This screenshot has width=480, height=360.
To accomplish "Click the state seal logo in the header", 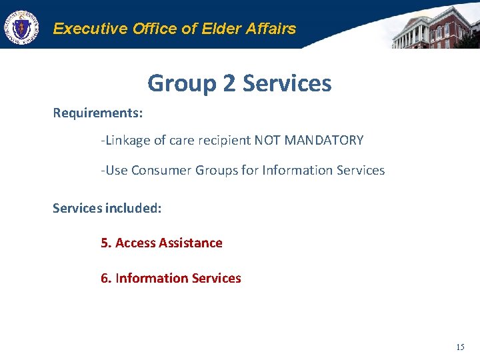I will coord(21,28).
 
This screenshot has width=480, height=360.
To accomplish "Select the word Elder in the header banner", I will coord(207,29).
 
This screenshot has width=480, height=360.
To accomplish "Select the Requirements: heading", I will coord(98,113).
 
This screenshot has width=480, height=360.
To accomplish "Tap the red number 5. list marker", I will coord(105,243).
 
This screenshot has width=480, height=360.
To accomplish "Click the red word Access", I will coord(135,243).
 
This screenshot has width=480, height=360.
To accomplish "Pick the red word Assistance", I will coord(191,243).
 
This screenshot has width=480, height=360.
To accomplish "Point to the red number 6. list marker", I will coord(105,279).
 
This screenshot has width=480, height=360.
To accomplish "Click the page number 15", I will coord(460,347).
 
